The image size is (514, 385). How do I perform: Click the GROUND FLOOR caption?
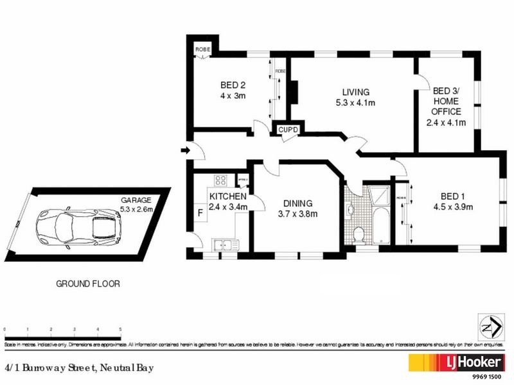pos(88,283)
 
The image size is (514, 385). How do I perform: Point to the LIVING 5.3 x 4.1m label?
pos(350,97)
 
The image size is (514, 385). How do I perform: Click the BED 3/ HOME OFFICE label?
pos(446,106)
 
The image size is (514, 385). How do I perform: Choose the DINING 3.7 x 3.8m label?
pos(296,209)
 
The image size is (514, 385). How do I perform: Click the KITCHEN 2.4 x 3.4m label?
pos(228,201)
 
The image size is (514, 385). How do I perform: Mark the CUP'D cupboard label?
pos(288,130)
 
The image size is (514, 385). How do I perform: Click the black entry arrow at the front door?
pos(185,151)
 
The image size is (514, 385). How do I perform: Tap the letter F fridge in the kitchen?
pos(200,211)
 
